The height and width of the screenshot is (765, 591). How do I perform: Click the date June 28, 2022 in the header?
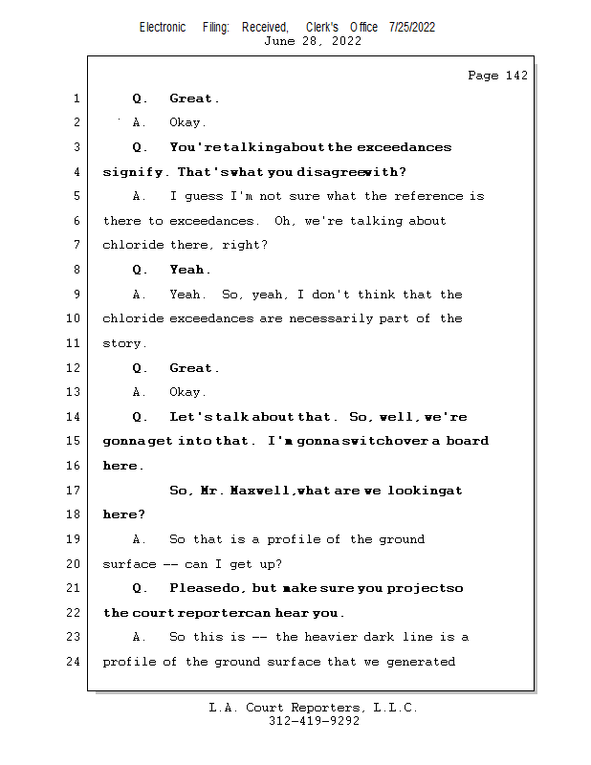[313, 41]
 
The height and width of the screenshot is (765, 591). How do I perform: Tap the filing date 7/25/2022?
[412, 28]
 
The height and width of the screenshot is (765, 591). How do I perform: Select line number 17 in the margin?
[75, 491]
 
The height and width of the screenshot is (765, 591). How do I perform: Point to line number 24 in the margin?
[75, 662]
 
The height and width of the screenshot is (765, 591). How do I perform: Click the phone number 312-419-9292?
[313, 721]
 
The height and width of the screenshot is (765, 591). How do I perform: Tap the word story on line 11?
[123, 343]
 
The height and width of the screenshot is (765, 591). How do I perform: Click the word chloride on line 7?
[133, 246]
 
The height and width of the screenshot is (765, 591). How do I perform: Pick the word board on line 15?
[467, 441]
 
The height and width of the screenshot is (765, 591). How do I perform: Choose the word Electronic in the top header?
[163, 28]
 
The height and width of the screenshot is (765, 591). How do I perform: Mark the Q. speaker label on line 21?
[140, 588]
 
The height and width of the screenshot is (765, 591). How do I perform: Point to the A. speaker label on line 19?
[140, 539]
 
